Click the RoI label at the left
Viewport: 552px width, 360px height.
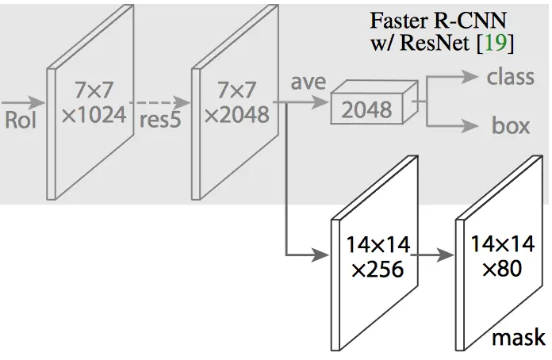point(21,121)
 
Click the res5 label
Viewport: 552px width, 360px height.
point(161,121)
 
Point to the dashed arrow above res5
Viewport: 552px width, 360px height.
point(161,101)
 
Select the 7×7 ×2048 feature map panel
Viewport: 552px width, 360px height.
point(236,103)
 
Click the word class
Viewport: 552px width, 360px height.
point(510,78)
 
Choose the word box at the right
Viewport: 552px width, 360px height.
point(511,125)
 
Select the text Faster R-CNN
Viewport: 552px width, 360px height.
point(438,20)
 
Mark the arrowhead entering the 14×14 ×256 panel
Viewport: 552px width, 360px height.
point(322,255)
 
